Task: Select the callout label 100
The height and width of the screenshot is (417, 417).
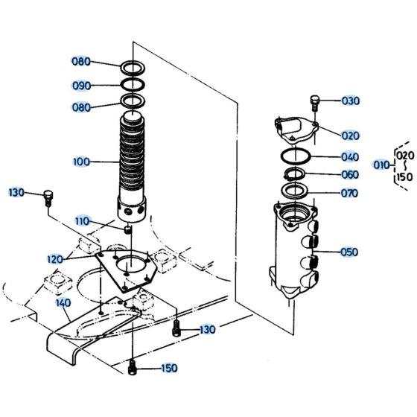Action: point(83,162)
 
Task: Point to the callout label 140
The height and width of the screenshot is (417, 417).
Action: point(63,303)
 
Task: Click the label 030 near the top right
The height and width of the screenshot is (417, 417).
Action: point(350,101)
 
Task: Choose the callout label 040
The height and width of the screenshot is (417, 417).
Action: point(350,157)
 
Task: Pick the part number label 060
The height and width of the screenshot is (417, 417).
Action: point(350,175)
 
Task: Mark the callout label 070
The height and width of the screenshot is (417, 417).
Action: point(350,194)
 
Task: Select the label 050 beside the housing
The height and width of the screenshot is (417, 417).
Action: point(350,252)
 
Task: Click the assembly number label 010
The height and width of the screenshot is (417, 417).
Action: point(381,165)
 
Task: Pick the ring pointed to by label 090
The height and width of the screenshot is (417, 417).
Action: point(134,83)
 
